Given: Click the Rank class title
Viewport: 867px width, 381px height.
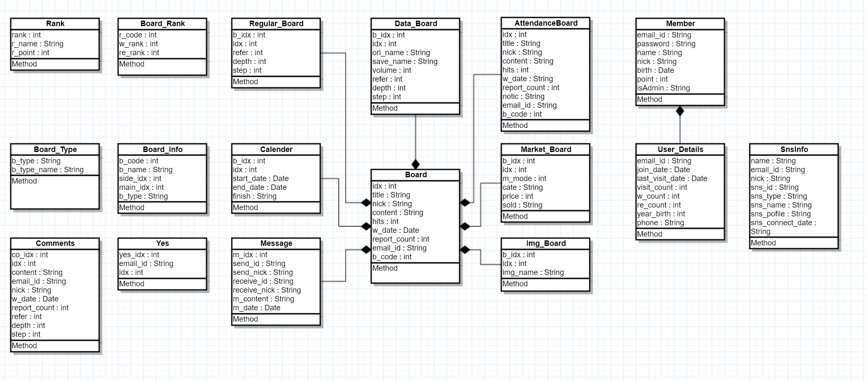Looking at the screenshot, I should (55, 24).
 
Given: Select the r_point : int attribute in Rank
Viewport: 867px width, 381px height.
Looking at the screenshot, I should (31, 53).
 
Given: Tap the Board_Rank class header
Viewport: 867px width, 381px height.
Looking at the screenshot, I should (163, 24).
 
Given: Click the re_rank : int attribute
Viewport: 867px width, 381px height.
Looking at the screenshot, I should (139, 53).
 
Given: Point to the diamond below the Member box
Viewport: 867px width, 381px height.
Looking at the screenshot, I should (680, 111).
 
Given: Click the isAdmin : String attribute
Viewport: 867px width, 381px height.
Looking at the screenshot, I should (663, 88).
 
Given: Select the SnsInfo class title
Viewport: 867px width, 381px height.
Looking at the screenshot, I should (794, 149).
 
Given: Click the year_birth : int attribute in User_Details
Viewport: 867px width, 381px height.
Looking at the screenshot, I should (661, 214).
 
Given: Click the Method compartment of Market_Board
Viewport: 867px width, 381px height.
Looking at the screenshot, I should (515, 216).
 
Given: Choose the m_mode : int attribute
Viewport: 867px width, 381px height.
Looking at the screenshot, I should (524, 179).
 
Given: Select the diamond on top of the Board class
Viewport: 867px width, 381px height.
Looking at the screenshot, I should (416, 164).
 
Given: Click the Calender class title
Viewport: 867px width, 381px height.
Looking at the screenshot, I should (276, 149).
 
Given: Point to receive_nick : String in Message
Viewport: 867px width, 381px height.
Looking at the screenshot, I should (267, 290).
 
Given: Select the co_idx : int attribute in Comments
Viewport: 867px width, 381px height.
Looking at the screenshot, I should (30, 255).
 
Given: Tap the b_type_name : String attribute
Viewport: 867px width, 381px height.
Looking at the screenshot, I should (48, 170).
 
